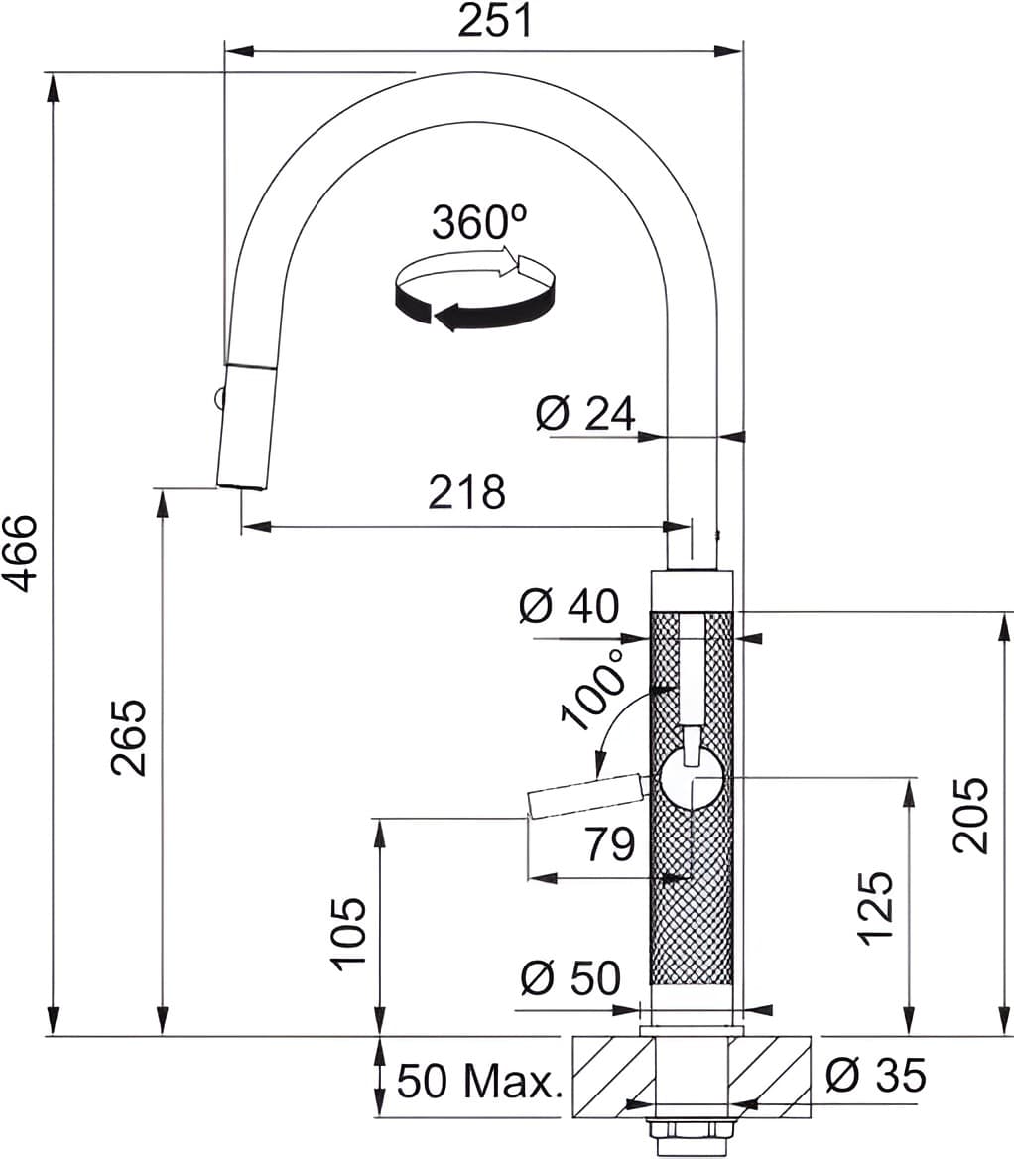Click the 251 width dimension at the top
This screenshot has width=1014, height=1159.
(494, 21)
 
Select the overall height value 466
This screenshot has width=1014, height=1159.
(22, 553)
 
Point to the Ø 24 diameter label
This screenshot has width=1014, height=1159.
(584, 414)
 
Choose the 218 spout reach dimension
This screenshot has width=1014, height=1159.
(466, 492)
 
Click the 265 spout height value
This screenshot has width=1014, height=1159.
(129, 737)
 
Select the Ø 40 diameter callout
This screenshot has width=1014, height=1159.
(568, 606)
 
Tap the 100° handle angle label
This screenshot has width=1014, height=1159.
(592, 690)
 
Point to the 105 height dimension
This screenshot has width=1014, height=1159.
(349, 933)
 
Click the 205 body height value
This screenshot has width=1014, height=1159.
(969, 815)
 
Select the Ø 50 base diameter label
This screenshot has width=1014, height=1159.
(570, 979)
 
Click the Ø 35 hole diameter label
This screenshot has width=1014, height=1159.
(875, 1075)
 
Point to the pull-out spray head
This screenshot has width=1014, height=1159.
(244, 427)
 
